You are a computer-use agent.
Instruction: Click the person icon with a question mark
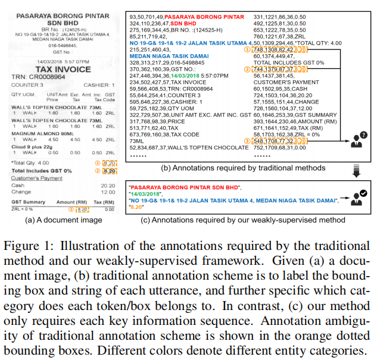pyautogui.click(x=359, y=141)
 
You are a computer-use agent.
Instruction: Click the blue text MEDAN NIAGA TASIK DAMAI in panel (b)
pyautogui.click(x=164, y=57)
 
